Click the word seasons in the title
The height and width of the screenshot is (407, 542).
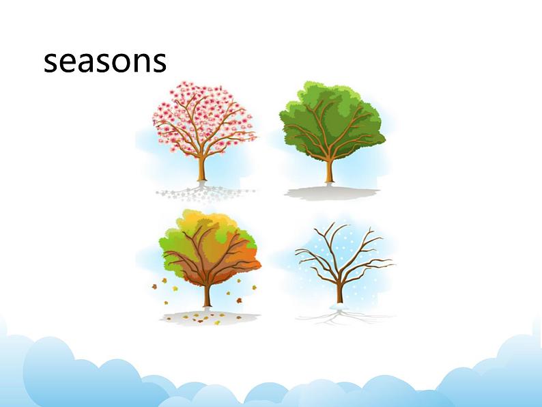[x=104, y=61]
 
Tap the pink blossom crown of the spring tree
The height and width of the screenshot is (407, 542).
[x=204, y=117]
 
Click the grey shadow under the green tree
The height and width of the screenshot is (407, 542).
[x=331, y=193]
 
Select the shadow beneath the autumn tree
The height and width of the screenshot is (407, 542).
[x=209, y=318]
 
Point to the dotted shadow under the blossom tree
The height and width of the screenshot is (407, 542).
[x=204, y=193]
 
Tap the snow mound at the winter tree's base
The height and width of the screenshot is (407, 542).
[x=339, y=307]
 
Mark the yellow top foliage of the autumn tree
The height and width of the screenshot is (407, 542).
[x=204, y=221]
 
